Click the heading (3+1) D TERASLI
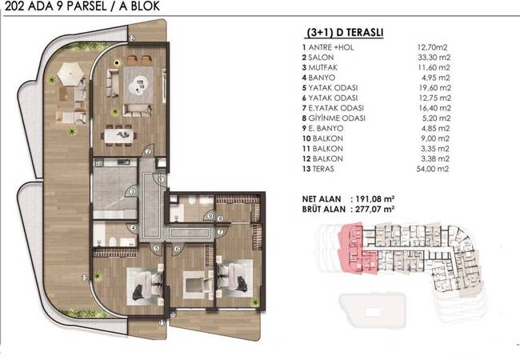point(345,33)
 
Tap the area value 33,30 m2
point(434,58)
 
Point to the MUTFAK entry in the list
point(320,68)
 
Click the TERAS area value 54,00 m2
point(433,169)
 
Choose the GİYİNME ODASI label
point(337,118)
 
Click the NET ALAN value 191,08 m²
point(374,199)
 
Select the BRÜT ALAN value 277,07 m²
point(374,209)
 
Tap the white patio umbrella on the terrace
point(70,74)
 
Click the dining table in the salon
point(119,136)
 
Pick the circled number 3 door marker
point(132,191)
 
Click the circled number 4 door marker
point(133,228)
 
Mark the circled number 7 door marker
point(220,232)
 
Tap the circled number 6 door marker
point(178,250)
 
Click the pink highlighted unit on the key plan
point(357,249)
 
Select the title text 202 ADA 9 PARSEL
point(54,6)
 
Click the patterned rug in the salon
point(138,85)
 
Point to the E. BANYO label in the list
point(322,128)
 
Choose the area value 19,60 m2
point(434,88)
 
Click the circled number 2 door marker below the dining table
point(148,152)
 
